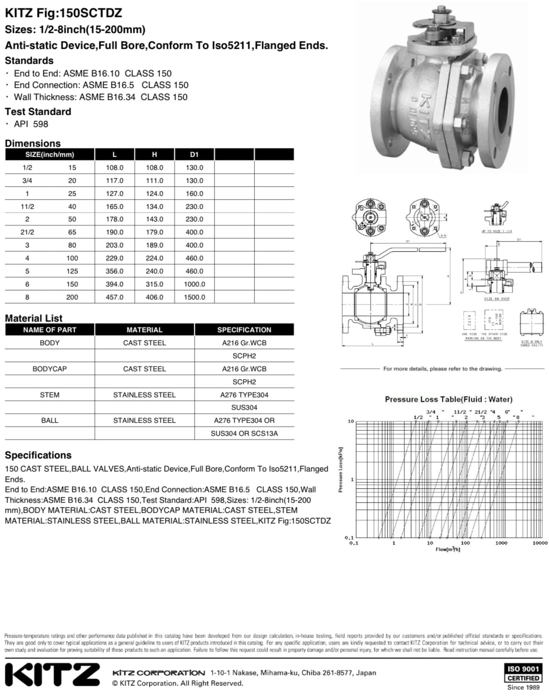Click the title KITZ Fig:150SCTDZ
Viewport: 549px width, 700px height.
pyautogui.click(x=63, y=13)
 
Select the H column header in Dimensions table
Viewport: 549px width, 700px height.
pyautogui.click(x=154, y=155)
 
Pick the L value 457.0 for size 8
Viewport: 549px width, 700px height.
pyautogui.click(x=115, y=297)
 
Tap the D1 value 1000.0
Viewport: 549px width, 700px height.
pyautogui.click(x=194, y=284)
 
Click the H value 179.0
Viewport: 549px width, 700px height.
pyautogui.click(x=154, y=232)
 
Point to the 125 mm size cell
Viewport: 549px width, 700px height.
pyautogui.click(x=72, y=271)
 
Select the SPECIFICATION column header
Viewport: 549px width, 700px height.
pyautogui.click(x=244, y=330)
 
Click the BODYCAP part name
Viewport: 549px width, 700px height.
pyautogui.click(x=50, y=369)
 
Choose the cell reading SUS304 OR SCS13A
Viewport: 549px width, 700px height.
pyautogui.click(x=244, y=434)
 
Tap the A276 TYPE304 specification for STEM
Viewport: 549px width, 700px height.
pyautogui.click(x=244, y=395)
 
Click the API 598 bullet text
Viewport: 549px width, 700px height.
pyautogui.click(x=31, y=124)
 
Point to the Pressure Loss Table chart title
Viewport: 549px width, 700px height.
pyautogui.click(x=448, y=399)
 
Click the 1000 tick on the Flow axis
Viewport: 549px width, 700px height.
pyautogui.click(x=501, y=543)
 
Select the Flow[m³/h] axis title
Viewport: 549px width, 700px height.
pyautogui.click(x=448, y=549)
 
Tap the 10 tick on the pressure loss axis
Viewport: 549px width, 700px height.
pyautogui.click(x=351, y=422)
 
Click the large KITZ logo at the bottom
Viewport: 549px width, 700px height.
pyautogui.click(x=52, y=674)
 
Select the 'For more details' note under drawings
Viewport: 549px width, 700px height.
pyautogui.click(x=442, y=369)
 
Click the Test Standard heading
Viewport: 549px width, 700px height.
pyautogui.click(x=38, y=112)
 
